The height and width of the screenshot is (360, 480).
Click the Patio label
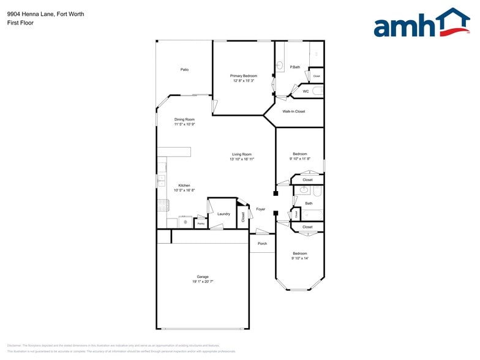pyautogui.click(x=184, y=70)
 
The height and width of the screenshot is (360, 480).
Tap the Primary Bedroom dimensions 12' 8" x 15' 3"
pyautogui.click(x=244, y=81)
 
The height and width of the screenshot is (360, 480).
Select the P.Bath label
pyautogui.click(x=294, y=67)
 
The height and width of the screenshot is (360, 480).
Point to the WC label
pyautogui.click(x=306, y=91)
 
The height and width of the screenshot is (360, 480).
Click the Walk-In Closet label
pyautogui.click(x=293, y=111)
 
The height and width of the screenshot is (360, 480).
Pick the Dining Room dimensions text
pyautogui.click(x=184, y=124)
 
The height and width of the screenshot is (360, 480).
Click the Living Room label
pyautogui.click(x=242, y=154)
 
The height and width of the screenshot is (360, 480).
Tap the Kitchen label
pyautogui.click(x=184, y=186)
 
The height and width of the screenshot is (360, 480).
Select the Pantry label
pyautogui.click(x=200, y=224)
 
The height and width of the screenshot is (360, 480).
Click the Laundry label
pyautogui.click(x=223, y=214)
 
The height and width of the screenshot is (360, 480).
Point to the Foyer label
pyautogui.click(x=261, y=209)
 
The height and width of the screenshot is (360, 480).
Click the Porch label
pyautogui.click(x=262, y=244)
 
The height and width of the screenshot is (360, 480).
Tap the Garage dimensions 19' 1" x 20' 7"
pyautogui.click(x=203, y=282)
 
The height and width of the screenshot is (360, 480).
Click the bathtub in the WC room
pyautogui.click(x=317, y=91)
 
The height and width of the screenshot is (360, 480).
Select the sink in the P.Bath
pyautogui.click(x=279, y=66)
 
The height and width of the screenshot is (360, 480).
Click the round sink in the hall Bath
pyautogui.click(x=304, y=190)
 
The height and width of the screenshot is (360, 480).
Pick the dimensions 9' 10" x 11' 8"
pyautogui.click(x=300, y=159)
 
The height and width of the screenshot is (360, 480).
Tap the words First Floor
pyautogui.click(x=21, y=23)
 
